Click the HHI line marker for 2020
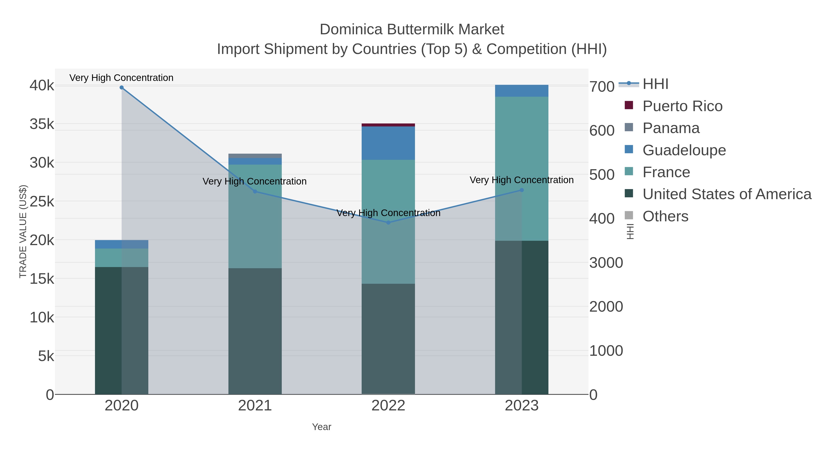point(122,88)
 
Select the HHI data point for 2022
point(388,223)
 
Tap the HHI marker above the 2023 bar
point(522,190)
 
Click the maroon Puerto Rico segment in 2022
point(388,125)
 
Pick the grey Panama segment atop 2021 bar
point(255,156)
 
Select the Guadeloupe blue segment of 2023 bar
point(522,91)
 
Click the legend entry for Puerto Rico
point(682,106)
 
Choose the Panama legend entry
point(671,128)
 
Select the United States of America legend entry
point(726,194)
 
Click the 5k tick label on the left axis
point(46,356)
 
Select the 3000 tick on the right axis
point(606,263)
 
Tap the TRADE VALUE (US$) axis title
point(23,231)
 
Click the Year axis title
point(322,427)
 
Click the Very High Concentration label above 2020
point(121,78)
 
